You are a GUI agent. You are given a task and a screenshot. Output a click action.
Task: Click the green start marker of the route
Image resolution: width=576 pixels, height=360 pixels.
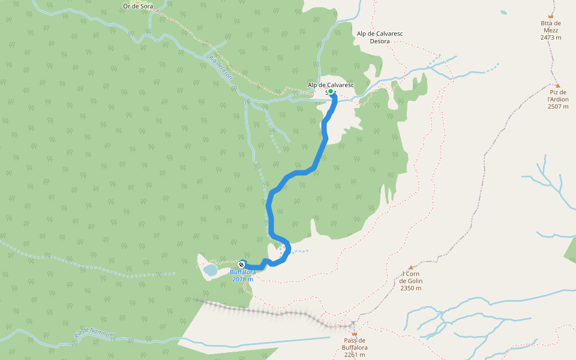(x=331, y=92)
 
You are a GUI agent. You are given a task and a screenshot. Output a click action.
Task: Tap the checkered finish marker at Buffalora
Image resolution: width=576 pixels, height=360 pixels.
(x=242, y=264)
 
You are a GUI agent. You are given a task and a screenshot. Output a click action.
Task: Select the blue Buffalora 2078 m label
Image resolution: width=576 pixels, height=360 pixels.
(x=243, y=275)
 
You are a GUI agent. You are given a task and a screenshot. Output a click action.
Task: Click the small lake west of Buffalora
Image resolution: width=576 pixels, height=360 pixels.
(x=210, y=270)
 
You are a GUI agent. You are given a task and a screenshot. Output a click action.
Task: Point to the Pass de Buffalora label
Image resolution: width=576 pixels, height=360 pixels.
(x=354, y=344)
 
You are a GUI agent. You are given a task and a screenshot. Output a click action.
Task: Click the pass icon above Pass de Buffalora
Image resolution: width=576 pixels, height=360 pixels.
(x=354, y=334)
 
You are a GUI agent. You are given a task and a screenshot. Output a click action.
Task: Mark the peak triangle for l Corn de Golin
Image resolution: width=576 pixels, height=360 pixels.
(x=411, y=268)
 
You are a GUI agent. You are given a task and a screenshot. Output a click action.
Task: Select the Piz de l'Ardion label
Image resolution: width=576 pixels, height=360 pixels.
(x=558, y=95)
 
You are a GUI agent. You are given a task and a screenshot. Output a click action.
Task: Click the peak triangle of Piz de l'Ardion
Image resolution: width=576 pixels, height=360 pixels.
(x=557, y=86)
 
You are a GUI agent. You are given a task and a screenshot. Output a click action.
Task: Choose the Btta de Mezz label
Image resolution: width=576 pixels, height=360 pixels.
(x=550, y=28)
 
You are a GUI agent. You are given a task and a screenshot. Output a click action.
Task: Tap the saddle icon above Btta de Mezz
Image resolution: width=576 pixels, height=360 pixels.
(x=551, y=17)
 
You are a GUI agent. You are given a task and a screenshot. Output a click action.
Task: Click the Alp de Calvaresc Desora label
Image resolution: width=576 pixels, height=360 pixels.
(x=379, y=37)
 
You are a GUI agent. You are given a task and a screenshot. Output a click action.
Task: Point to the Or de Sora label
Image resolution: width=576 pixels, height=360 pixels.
(x=137, y=6)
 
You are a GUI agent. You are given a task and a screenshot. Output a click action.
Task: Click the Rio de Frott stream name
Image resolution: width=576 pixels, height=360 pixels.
(x=221, y=68)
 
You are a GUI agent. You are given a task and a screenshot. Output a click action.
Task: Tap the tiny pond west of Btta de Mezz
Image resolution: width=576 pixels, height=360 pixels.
(x=503, y=12)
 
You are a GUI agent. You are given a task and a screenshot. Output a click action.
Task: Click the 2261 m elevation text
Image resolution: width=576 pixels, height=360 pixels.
(x=354, y=355)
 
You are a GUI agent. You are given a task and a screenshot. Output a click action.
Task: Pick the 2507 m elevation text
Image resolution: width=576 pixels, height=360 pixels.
(x=558, y=107)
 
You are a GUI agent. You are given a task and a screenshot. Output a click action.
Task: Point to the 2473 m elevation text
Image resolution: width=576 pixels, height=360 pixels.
(x=550, y=37)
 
